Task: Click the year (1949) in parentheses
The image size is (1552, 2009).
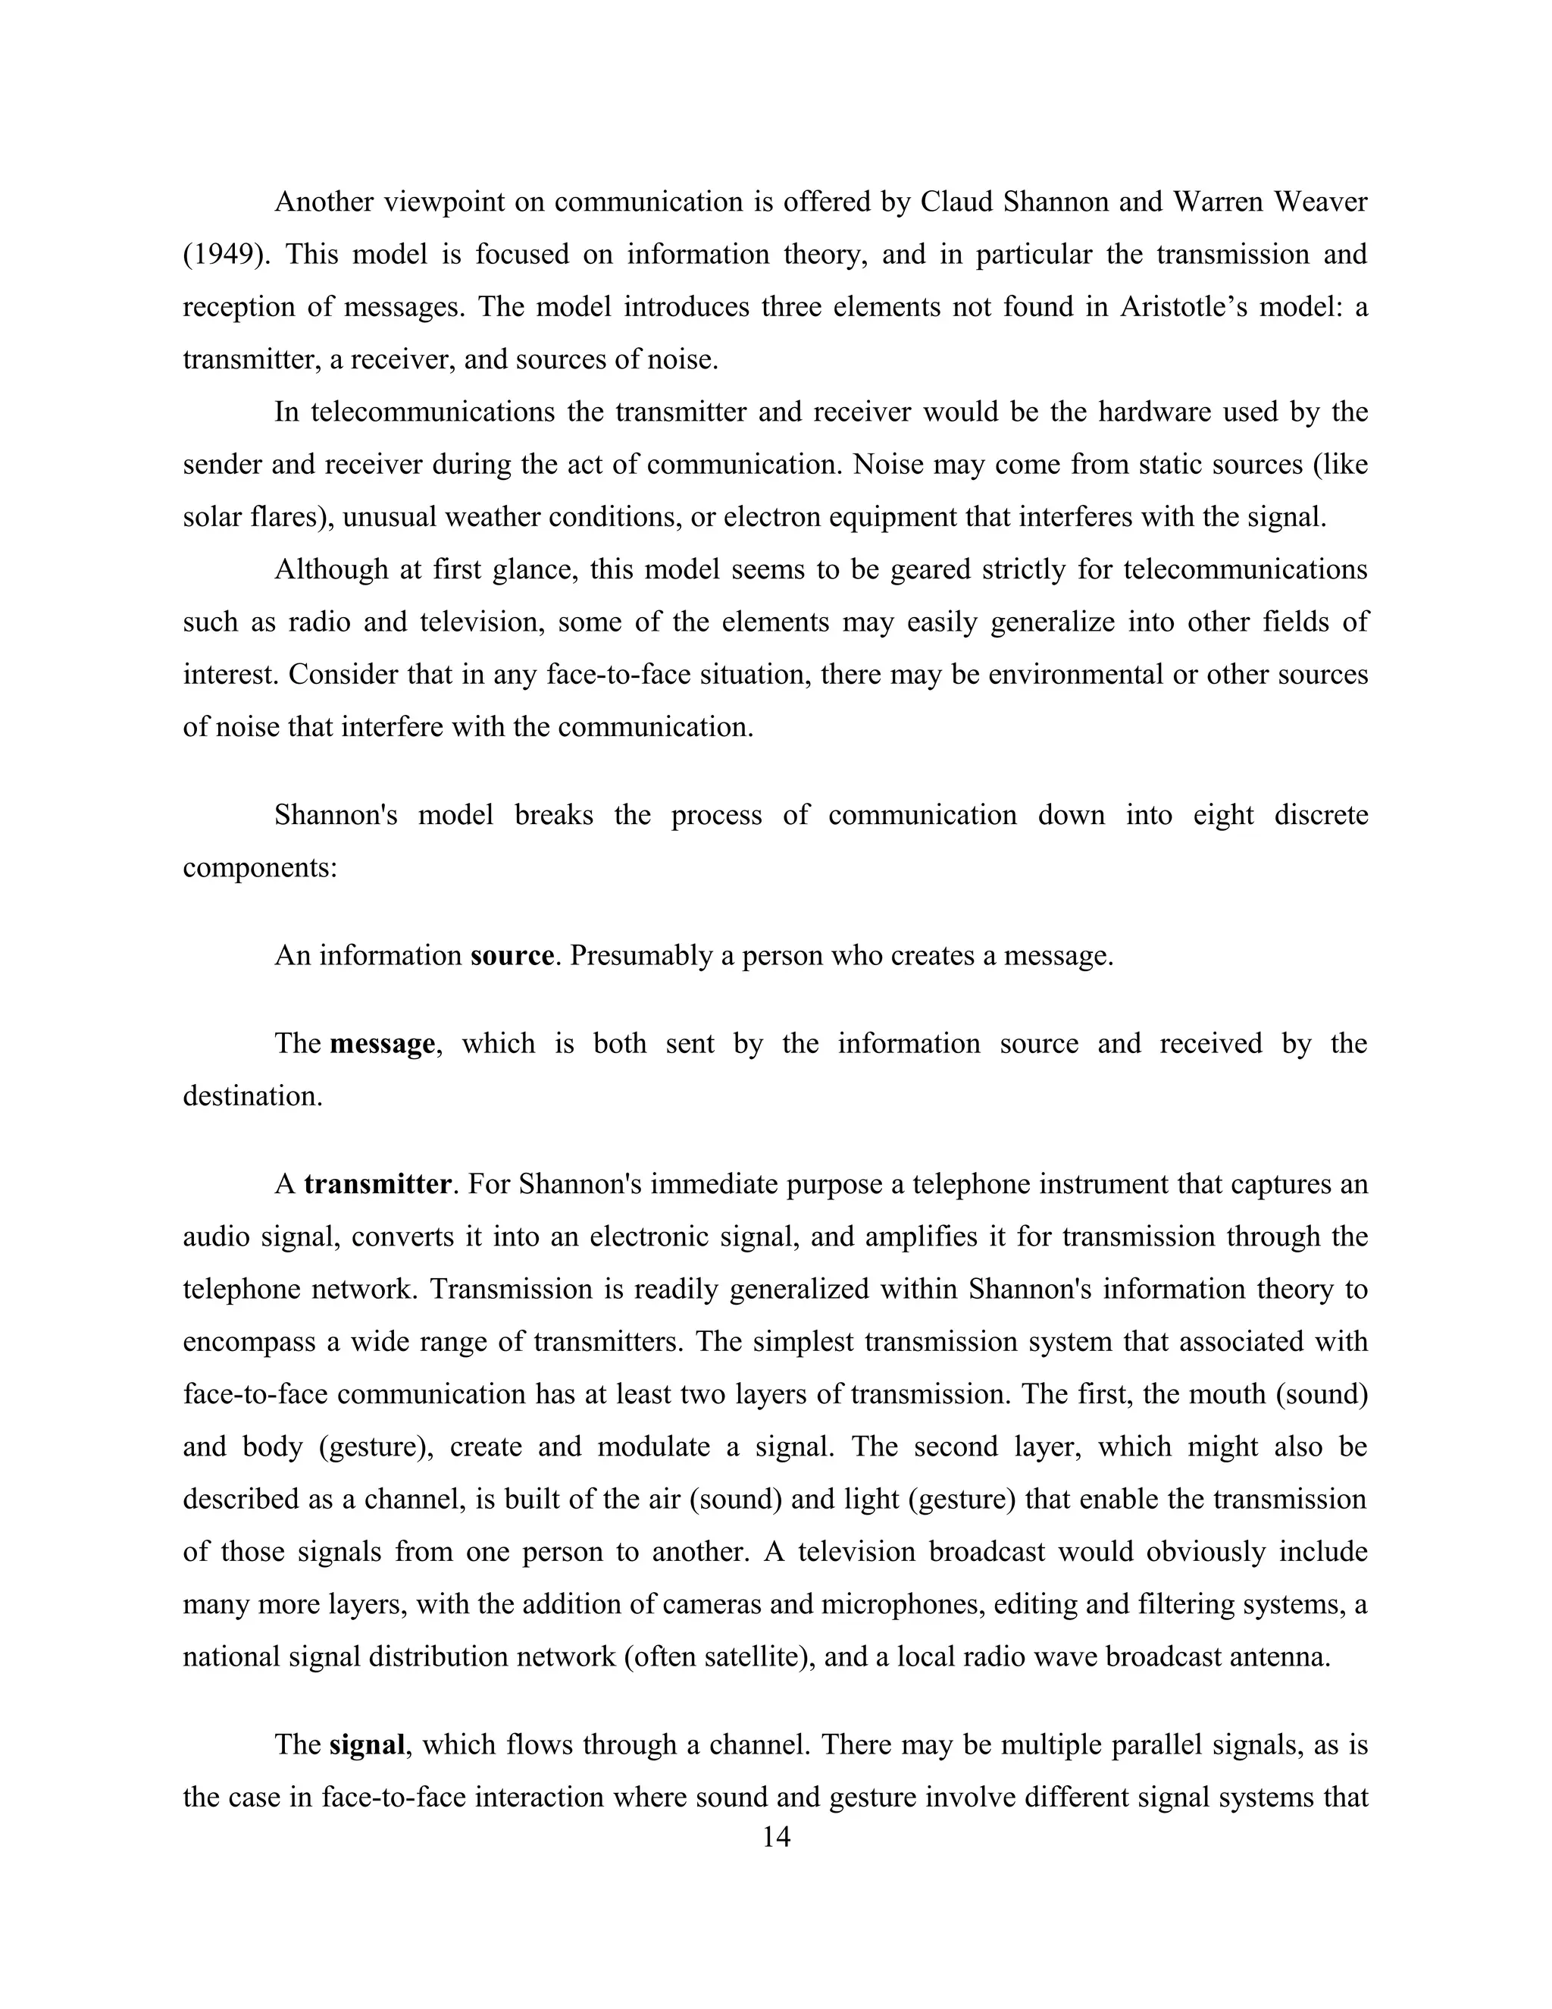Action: pos(227,255)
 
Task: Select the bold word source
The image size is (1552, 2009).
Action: pos(512,957)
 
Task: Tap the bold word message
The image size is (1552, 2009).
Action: pos(382,1044)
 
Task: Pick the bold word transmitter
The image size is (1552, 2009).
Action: pos(377,1184)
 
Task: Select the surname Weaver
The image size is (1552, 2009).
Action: pos(1320,202)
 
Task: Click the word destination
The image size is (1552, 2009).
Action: pos(253,1096)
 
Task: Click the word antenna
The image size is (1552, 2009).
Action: pos(1280,1657)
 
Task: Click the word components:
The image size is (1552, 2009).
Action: pos(260,867)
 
